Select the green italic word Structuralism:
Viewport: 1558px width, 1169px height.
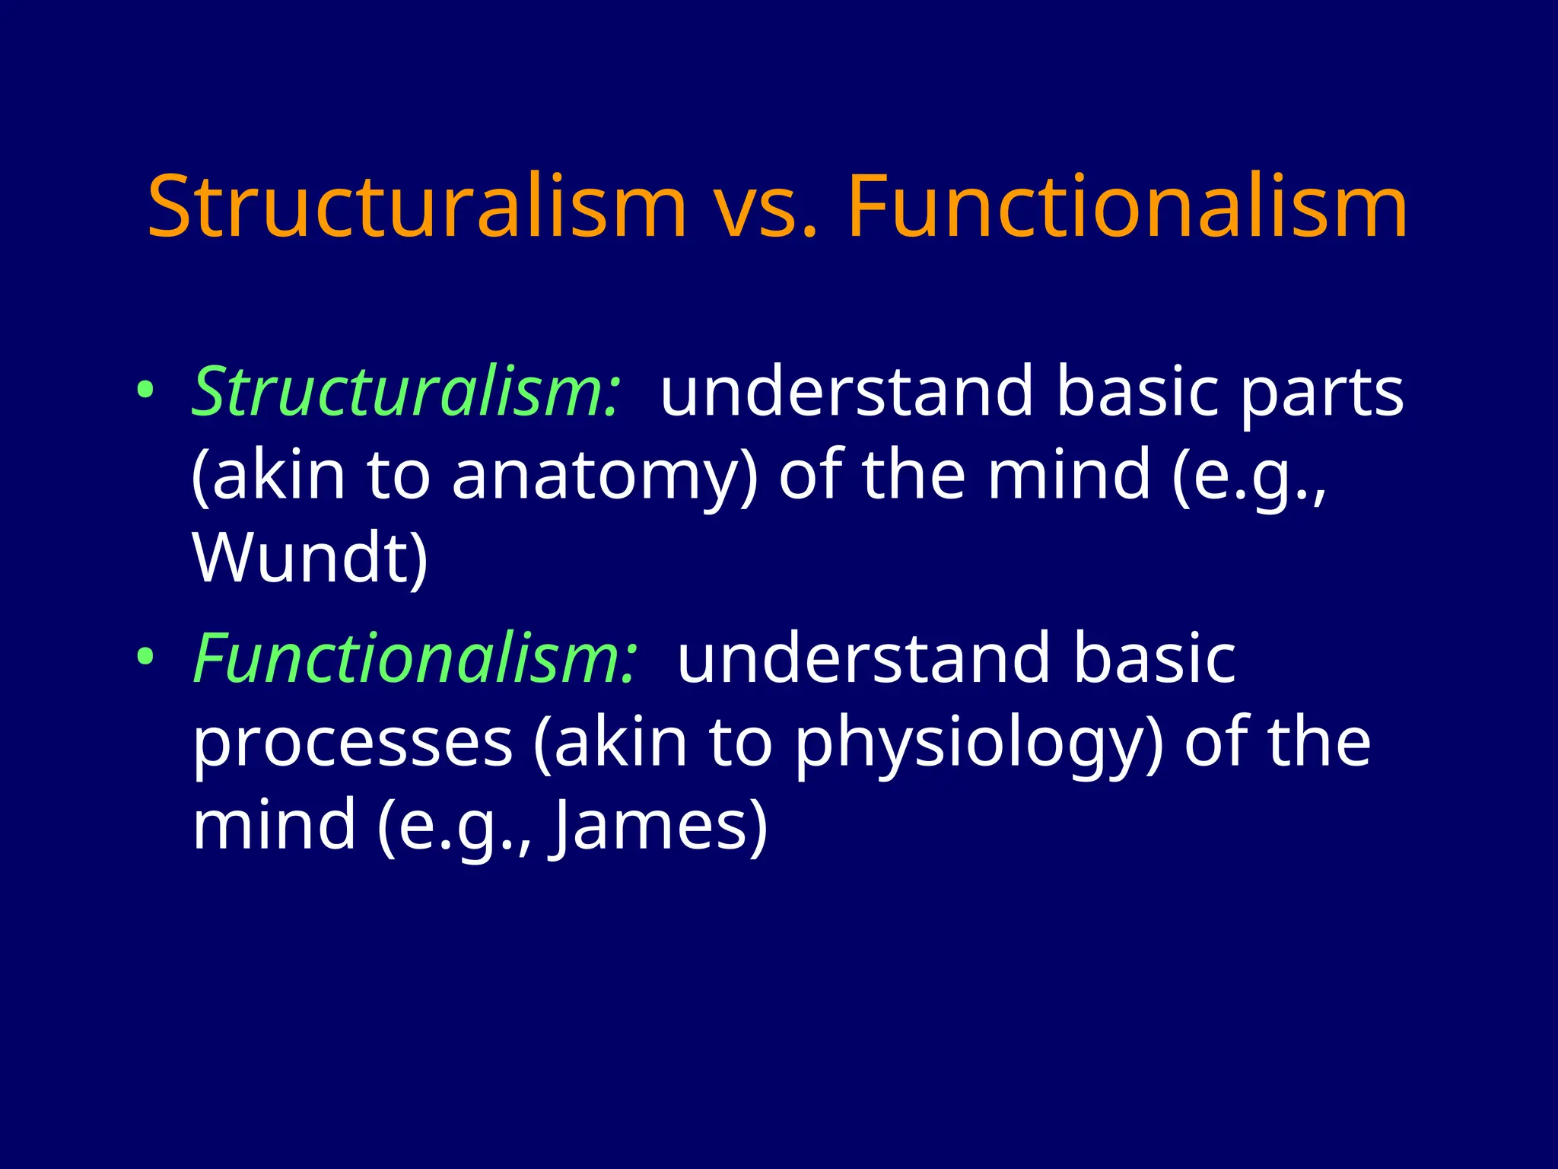coord(406,392)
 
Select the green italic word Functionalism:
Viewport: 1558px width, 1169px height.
coord(415,658)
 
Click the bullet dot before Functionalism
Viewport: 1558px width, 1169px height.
coord(145,655)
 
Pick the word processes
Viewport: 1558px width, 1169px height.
coord(352,744)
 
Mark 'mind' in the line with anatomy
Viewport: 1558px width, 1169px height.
coord(1069,475)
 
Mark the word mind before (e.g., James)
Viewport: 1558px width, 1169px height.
coord(275,825)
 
